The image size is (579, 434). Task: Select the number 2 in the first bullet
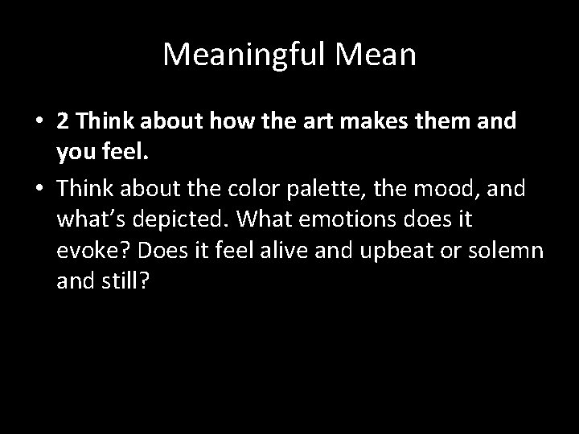63,121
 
